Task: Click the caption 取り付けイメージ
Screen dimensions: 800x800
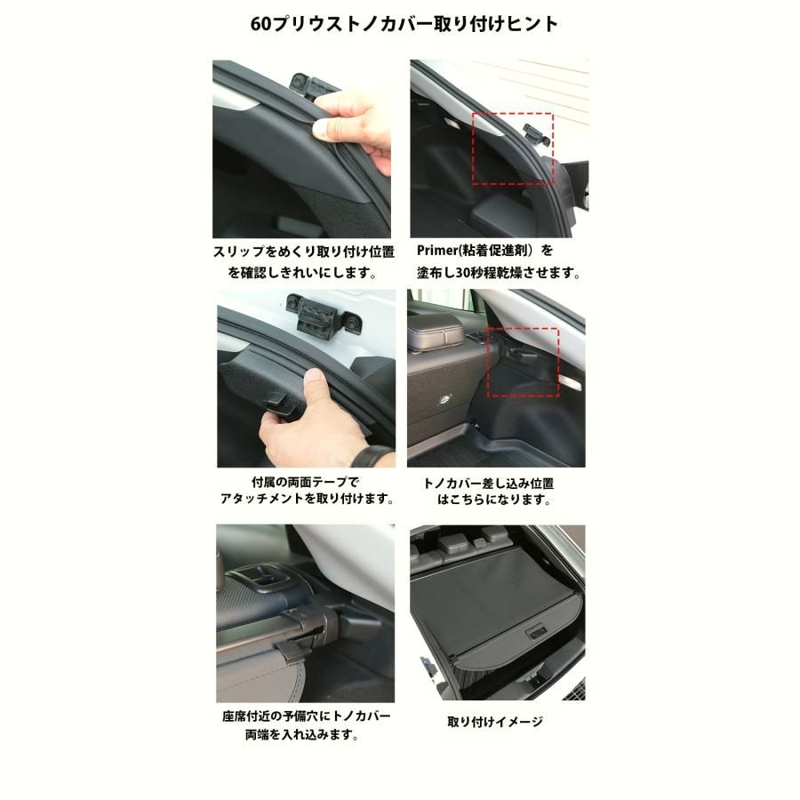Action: point(495,722)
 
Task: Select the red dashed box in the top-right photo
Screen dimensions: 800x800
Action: point(512,148)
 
